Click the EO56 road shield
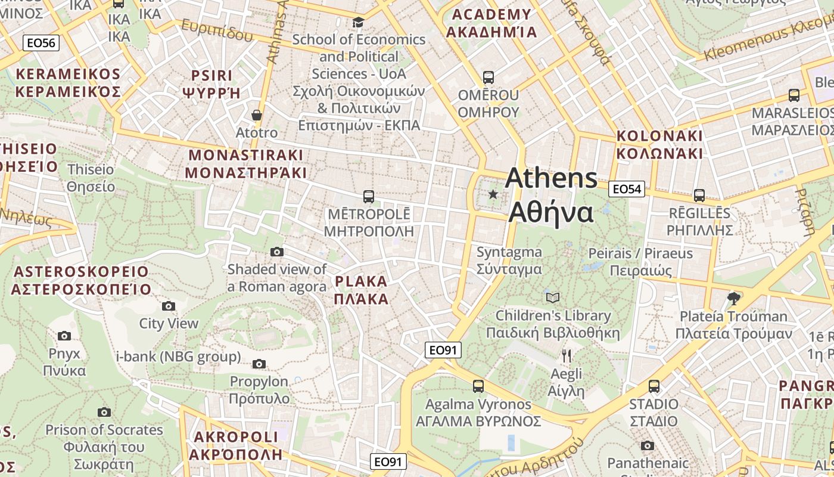coord(41,42)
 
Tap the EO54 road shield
coord(627,189)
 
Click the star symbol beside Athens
coord(493,194)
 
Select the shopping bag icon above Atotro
coord(257,115)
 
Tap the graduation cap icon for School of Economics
coord(358,23)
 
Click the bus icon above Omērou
coord(488,78)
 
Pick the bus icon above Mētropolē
coord(369,196)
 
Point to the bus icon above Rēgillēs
coord(699,195)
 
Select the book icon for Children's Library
coord(553,298)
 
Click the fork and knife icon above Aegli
coord(567,356)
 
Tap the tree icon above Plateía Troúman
coord(734,298)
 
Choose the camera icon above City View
coord(169,306)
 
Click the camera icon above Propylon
coord(259,364)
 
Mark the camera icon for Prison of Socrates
coord(104,412)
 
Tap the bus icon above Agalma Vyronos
coord(478,386)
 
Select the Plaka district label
coord(362,290)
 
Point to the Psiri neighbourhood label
coord(211,84)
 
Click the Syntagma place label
coord(509,261)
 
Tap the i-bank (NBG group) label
coord(179,357)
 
